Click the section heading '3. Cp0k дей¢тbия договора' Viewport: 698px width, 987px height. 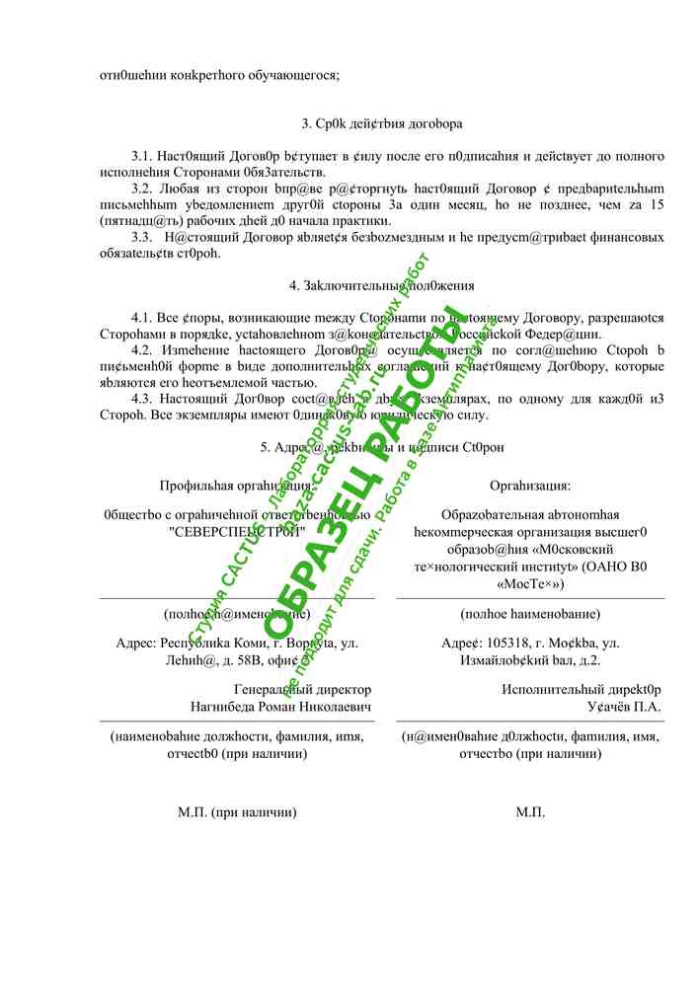381,124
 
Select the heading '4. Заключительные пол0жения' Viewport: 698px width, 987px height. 381,286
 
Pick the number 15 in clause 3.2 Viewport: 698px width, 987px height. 656,204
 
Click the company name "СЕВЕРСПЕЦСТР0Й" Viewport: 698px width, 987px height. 237,530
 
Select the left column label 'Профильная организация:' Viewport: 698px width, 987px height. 238,485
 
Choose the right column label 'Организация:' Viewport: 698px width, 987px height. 530,485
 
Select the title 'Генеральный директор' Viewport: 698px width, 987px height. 303,690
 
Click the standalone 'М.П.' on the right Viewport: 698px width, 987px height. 530,812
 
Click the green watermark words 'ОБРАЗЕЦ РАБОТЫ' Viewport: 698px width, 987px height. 365,474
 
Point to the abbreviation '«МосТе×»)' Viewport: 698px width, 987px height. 530,583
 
